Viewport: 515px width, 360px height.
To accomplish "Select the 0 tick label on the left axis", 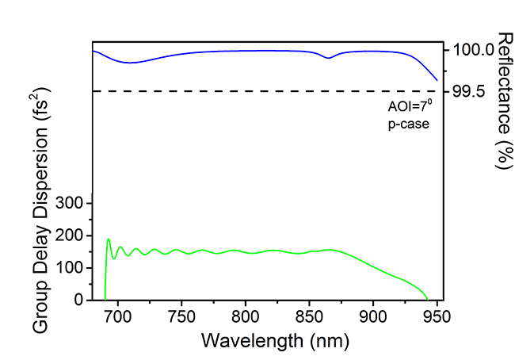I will click(x=78, y=301).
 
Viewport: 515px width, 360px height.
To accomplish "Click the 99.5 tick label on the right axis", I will click(x=468, y=92).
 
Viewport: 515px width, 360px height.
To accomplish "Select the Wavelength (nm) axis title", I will click(x=263, y=342).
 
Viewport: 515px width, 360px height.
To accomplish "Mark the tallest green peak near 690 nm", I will click(x=109, y=239).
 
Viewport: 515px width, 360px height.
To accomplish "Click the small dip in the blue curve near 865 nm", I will click(x=329, y=58).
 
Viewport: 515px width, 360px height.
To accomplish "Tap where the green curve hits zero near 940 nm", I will click(x=429, y=299).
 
